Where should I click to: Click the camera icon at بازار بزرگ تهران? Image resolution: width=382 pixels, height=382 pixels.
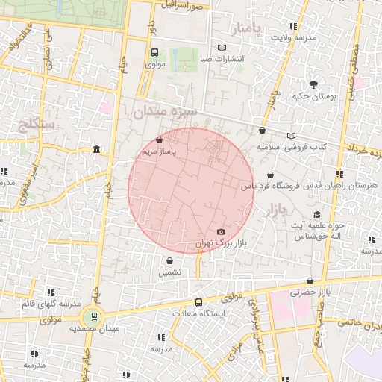click(220, 232)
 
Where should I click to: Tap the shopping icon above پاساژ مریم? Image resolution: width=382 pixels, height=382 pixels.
click(160, 140)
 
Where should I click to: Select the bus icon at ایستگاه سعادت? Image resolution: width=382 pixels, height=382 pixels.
click(198, 302)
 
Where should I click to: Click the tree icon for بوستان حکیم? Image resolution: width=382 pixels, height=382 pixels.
click(313, 84)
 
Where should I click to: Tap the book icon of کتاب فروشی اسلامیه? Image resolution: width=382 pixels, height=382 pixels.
click(291, 136)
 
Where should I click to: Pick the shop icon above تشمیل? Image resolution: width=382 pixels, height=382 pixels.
click(170, 261)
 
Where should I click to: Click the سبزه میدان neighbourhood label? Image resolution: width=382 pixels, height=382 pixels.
click(164, 113)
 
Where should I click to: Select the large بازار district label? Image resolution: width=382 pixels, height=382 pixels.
click(276, 213)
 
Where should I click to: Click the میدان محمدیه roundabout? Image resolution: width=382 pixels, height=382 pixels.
click(95, 317)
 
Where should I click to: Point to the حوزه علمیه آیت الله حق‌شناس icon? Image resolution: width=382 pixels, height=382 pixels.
click(318, 214)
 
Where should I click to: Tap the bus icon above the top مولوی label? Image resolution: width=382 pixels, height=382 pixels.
click(154, 53)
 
